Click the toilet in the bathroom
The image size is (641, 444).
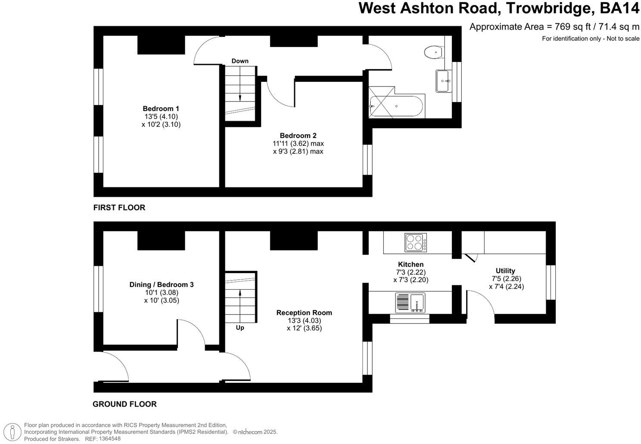(433, 52)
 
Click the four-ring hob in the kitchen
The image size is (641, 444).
(416, 242)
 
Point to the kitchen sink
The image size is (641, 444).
(410, 302)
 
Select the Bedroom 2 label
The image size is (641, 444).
(298, 136)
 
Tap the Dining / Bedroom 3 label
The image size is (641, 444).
(161, 284)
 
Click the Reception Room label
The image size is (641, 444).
(304, 313)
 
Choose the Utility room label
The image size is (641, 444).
(505, 271)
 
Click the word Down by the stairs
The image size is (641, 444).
(240, 61)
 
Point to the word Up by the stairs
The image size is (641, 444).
(240, 328)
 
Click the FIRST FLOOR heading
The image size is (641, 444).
(119, 207)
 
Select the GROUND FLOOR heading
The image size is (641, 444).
(124, 404)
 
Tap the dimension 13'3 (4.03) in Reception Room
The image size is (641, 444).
(304, 321)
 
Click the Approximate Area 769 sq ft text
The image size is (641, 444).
(554, 27)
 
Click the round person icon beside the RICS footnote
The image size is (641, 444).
(15, 432)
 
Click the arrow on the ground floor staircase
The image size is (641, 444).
(240, 297)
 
